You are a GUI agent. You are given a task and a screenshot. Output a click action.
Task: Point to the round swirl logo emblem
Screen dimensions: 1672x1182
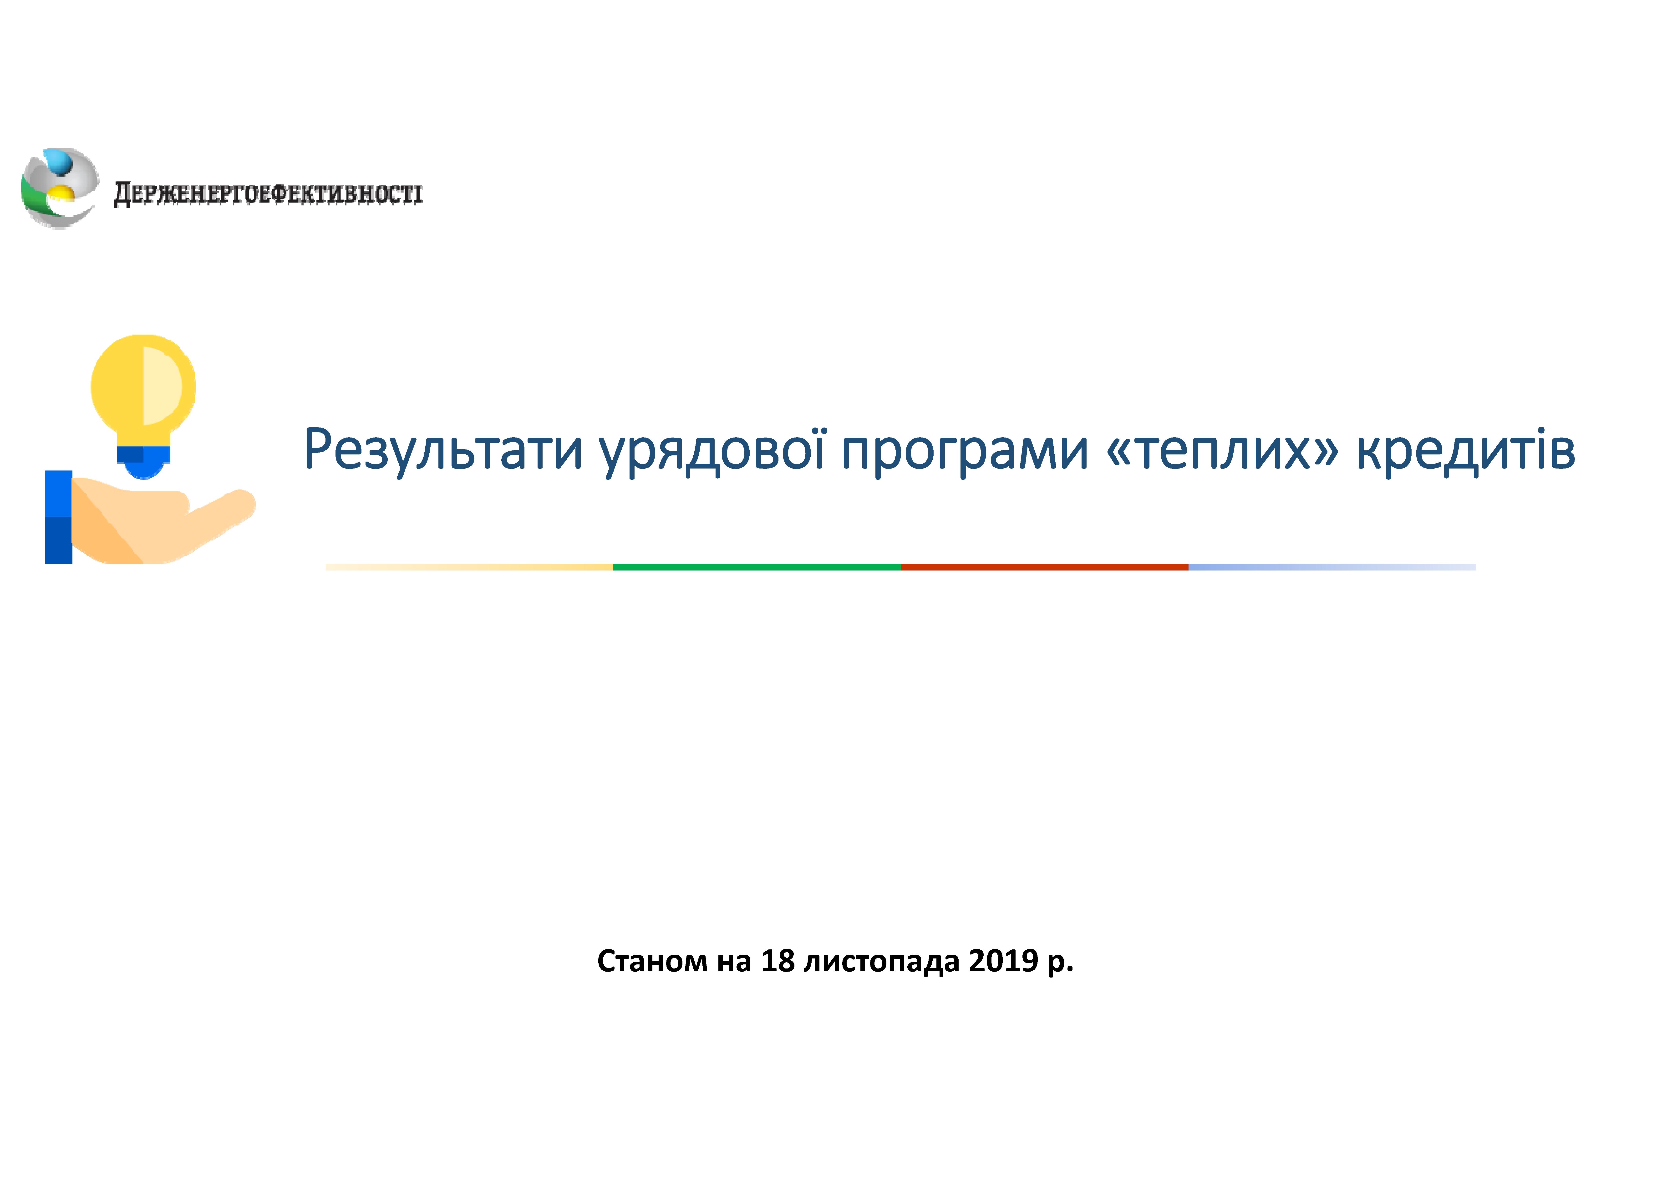60,189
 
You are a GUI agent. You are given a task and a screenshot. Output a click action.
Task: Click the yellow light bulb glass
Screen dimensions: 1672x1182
143,390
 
